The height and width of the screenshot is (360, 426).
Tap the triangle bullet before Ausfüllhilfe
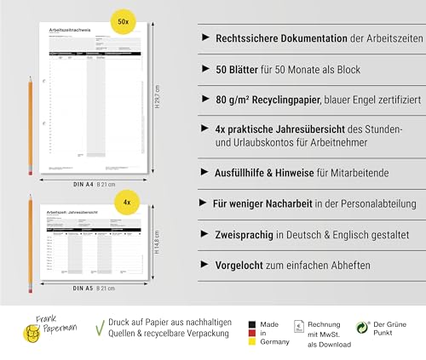pyautogui.click(x=204, y=172)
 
